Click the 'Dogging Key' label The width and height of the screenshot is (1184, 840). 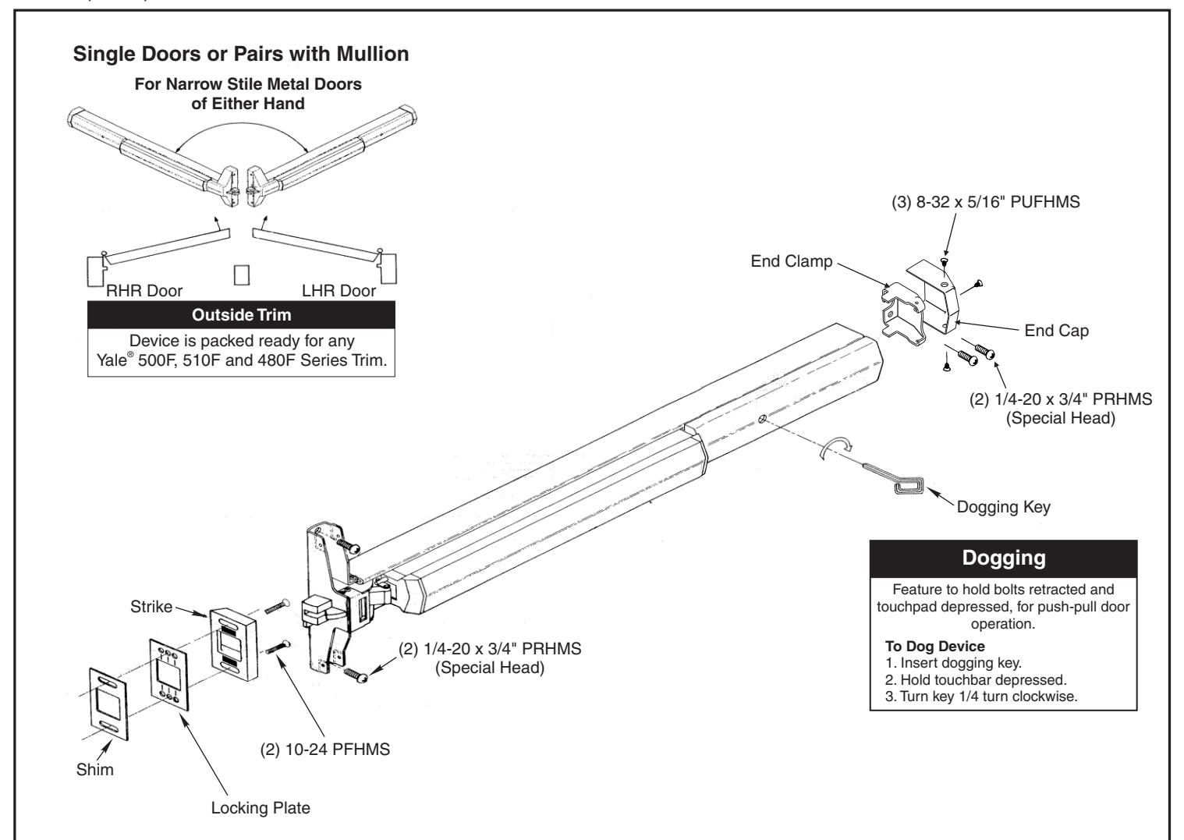(x=1004, y=507)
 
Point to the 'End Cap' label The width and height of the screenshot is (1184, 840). (x=1057, y=331)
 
